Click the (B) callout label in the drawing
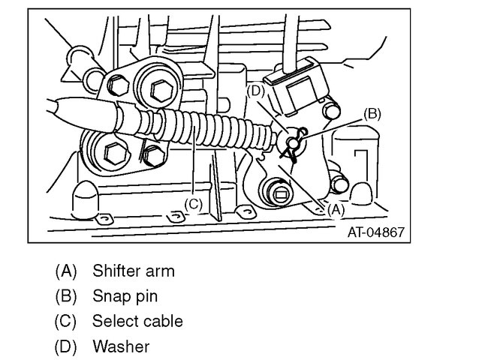pyautogui.click(x=372, y=115)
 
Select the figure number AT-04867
pyautogui.click(x=375, y=232)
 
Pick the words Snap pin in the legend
pyautogui.click(x=125, y=295)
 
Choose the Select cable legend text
pyautogui.click(x=137, y=321)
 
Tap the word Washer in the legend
pyautogui.click(x=121, y=346)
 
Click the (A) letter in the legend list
pyautogui.click(x=66, y=270)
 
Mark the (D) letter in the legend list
pyautogui.click(x=66, y=346)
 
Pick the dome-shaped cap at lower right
pyautogui.click(x=363, y=193)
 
